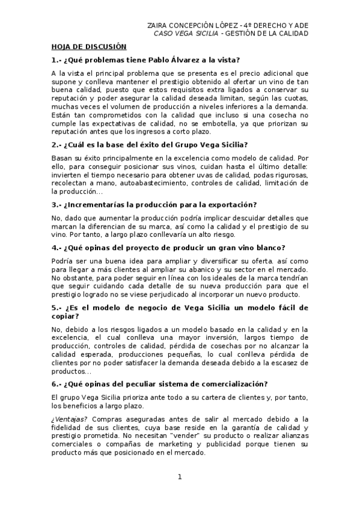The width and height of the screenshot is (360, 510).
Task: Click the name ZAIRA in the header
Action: pyautogui.click(x=158, y=25)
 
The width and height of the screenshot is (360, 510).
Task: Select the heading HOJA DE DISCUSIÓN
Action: pyautogui.click(x=89, y=46)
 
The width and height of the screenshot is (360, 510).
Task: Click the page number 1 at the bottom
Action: pyautogui.click(x=179, y=477)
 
